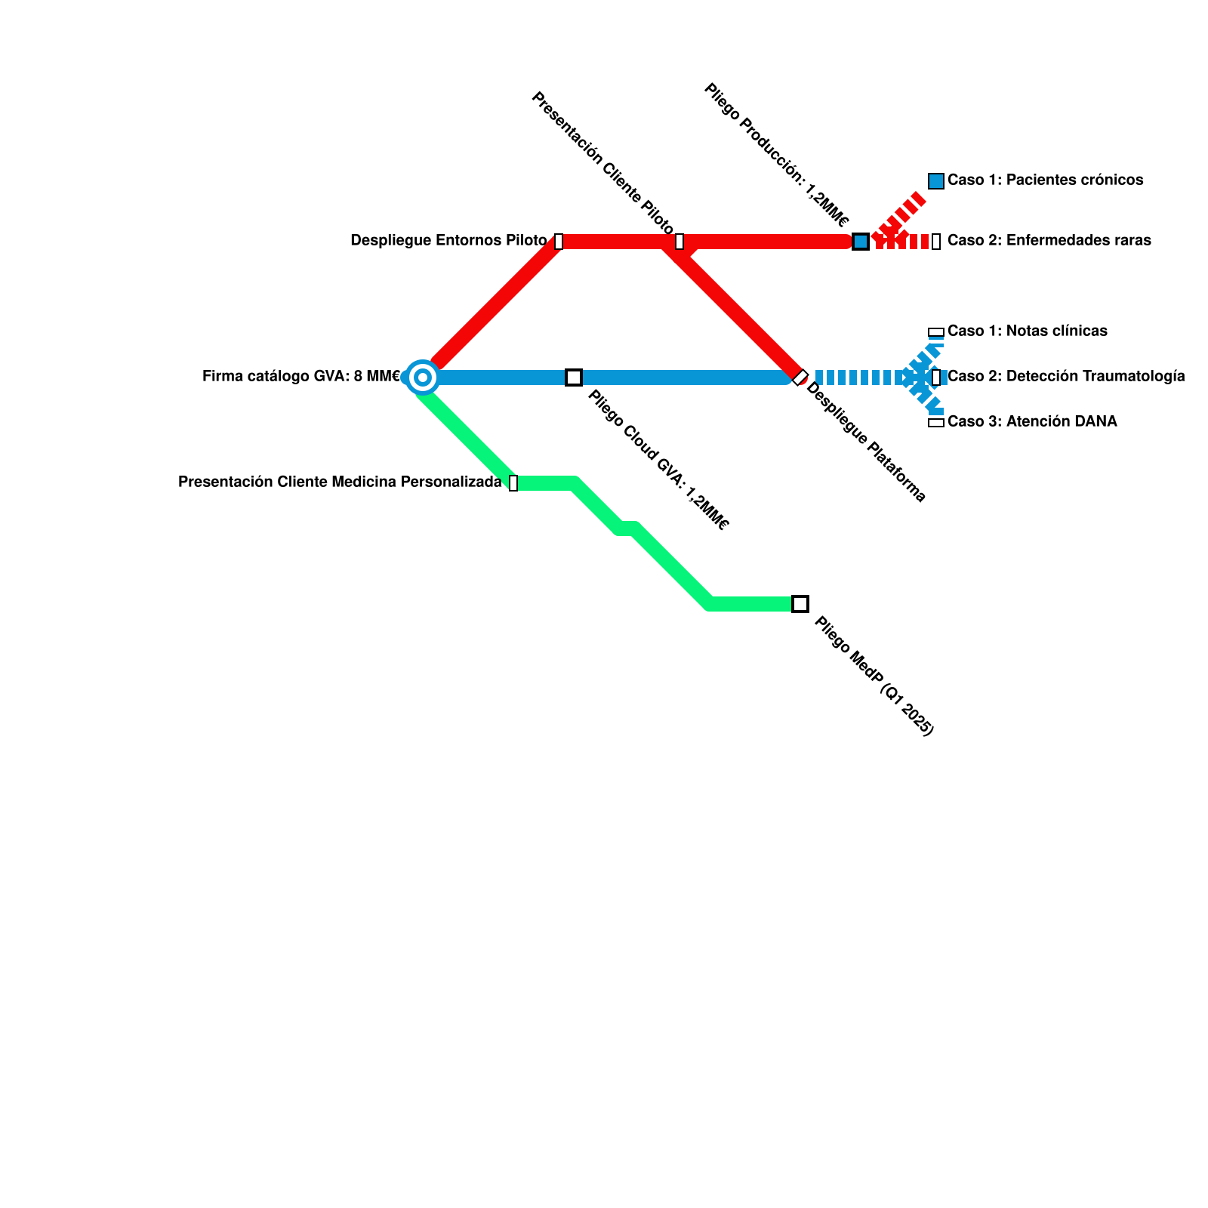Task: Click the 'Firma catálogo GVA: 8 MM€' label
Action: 301,377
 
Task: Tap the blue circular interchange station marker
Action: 423,377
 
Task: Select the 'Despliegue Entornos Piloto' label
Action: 448,241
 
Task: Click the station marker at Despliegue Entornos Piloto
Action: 559,242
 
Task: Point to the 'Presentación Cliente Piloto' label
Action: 602,162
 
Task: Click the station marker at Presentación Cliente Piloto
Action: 679,242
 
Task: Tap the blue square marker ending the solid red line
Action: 860,242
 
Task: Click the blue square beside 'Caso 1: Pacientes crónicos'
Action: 936,181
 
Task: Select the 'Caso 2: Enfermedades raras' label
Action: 1049,241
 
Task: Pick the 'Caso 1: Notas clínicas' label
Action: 1027,331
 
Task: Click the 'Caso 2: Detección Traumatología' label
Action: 1065,377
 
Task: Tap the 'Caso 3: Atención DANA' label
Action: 1031,422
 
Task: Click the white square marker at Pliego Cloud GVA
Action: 574,377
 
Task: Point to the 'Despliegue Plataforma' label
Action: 866,442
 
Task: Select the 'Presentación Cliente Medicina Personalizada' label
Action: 340,482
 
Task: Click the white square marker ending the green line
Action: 800,604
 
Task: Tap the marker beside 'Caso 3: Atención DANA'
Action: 936,423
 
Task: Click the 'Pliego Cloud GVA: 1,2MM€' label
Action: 658,460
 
